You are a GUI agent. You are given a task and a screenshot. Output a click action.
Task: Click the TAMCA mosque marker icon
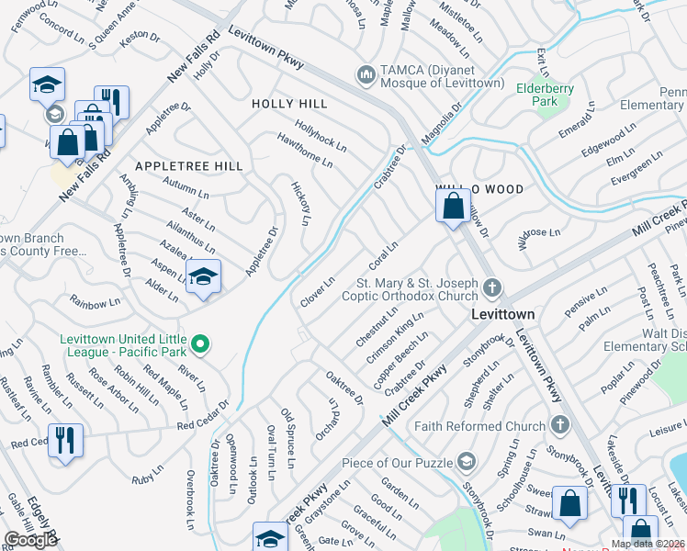point(366,73)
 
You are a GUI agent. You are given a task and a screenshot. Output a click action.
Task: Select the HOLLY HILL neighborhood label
point(289,105)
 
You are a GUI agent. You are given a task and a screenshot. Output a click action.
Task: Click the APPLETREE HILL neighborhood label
point(188,166)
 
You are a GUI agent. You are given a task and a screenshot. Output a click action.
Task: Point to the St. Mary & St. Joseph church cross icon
point(492,288)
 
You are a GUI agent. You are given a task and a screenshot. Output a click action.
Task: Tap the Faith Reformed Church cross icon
point(560,424)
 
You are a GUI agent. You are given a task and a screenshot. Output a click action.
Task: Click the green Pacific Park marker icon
point(202,345)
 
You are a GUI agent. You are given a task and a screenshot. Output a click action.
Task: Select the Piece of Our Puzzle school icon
point(467,461)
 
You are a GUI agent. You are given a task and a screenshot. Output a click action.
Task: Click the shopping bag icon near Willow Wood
point(454,207)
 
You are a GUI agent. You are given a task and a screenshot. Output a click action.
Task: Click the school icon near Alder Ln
point(202,275)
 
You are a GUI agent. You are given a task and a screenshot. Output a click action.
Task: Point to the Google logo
point(30,540)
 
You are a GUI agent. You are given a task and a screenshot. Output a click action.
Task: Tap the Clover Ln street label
point(318,293)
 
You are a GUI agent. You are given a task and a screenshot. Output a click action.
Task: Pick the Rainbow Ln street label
point(96,301)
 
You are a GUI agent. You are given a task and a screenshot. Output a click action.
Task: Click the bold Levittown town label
point(502,313)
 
